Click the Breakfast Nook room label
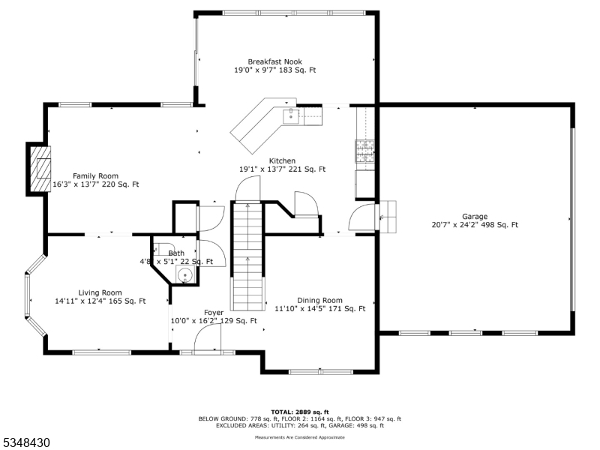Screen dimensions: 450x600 coord(276,61)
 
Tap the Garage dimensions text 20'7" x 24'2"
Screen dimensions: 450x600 coord(457,225)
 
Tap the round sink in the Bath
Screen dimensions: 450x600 coord(184,275)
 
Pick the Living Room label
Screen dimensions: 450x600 coord(100,292)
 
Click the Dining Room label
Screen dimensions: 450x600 coord(319,300)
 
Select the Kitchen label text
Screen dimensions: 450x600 coord(282,160)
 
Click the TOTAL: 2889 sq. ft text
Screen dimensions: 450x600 coord(299,412)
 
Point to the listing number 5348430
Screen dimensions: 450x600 coord(26,443)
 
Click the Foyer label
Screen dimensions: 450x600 coord(214,312)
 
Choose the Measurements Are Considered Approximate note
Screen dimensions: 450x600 coord(299,436)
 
